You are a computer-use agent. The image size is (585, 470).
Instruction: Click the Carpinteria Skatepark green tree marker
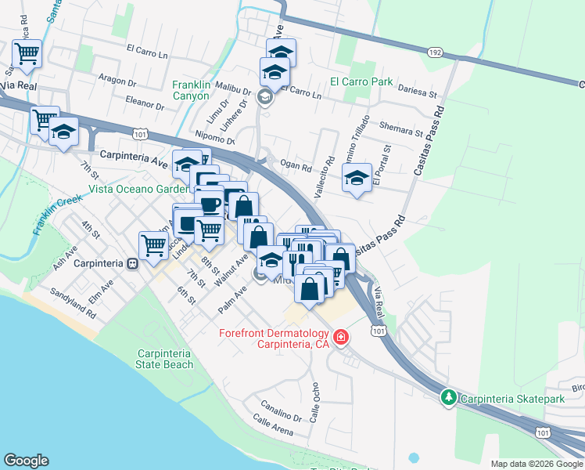(448, 397)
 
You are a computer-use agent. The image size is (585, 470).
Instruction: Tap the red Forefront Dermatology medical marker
(340, 338)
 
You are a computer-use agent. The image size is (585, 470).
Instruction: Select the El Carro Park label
(361, 81)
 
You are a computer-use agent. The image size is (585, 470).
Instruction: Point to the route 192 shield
(436, 52)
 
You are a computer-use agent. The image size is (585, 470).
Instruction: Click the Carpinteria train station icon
(132, 263)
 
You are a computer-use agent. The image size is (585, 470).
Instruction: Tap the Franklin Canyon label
(191, 90)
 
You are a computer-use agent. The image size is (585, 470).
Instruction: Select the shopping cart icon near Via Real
(27, 54)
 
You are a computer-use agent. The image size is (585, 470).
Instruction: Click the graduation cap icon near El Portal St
(357, 179)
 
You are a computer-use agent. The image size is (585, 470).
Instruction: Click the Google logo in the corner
(26, 461)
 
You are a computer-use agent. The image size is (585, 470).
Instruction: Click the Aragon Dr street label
(118, 81)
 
